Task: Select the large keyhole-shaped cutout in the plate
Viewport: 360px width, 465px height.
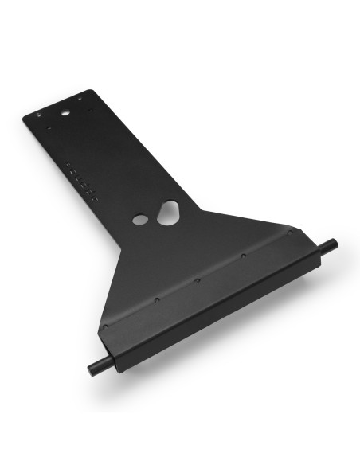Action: point(168,212)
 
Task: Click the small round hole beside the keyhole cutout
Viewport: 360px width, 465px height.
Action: point(140,219)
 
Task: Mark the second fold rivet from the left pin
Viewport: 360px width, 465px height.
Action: point(156,300)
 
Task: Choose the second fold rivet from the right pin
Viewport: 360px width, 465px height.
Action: point(241,258)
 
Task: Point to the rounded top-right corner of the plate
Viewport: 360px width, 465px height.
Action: point(94,92)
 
